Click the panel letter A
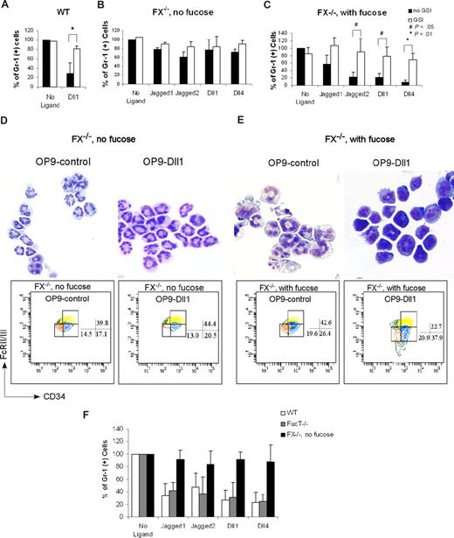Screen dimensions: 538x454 7,7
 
